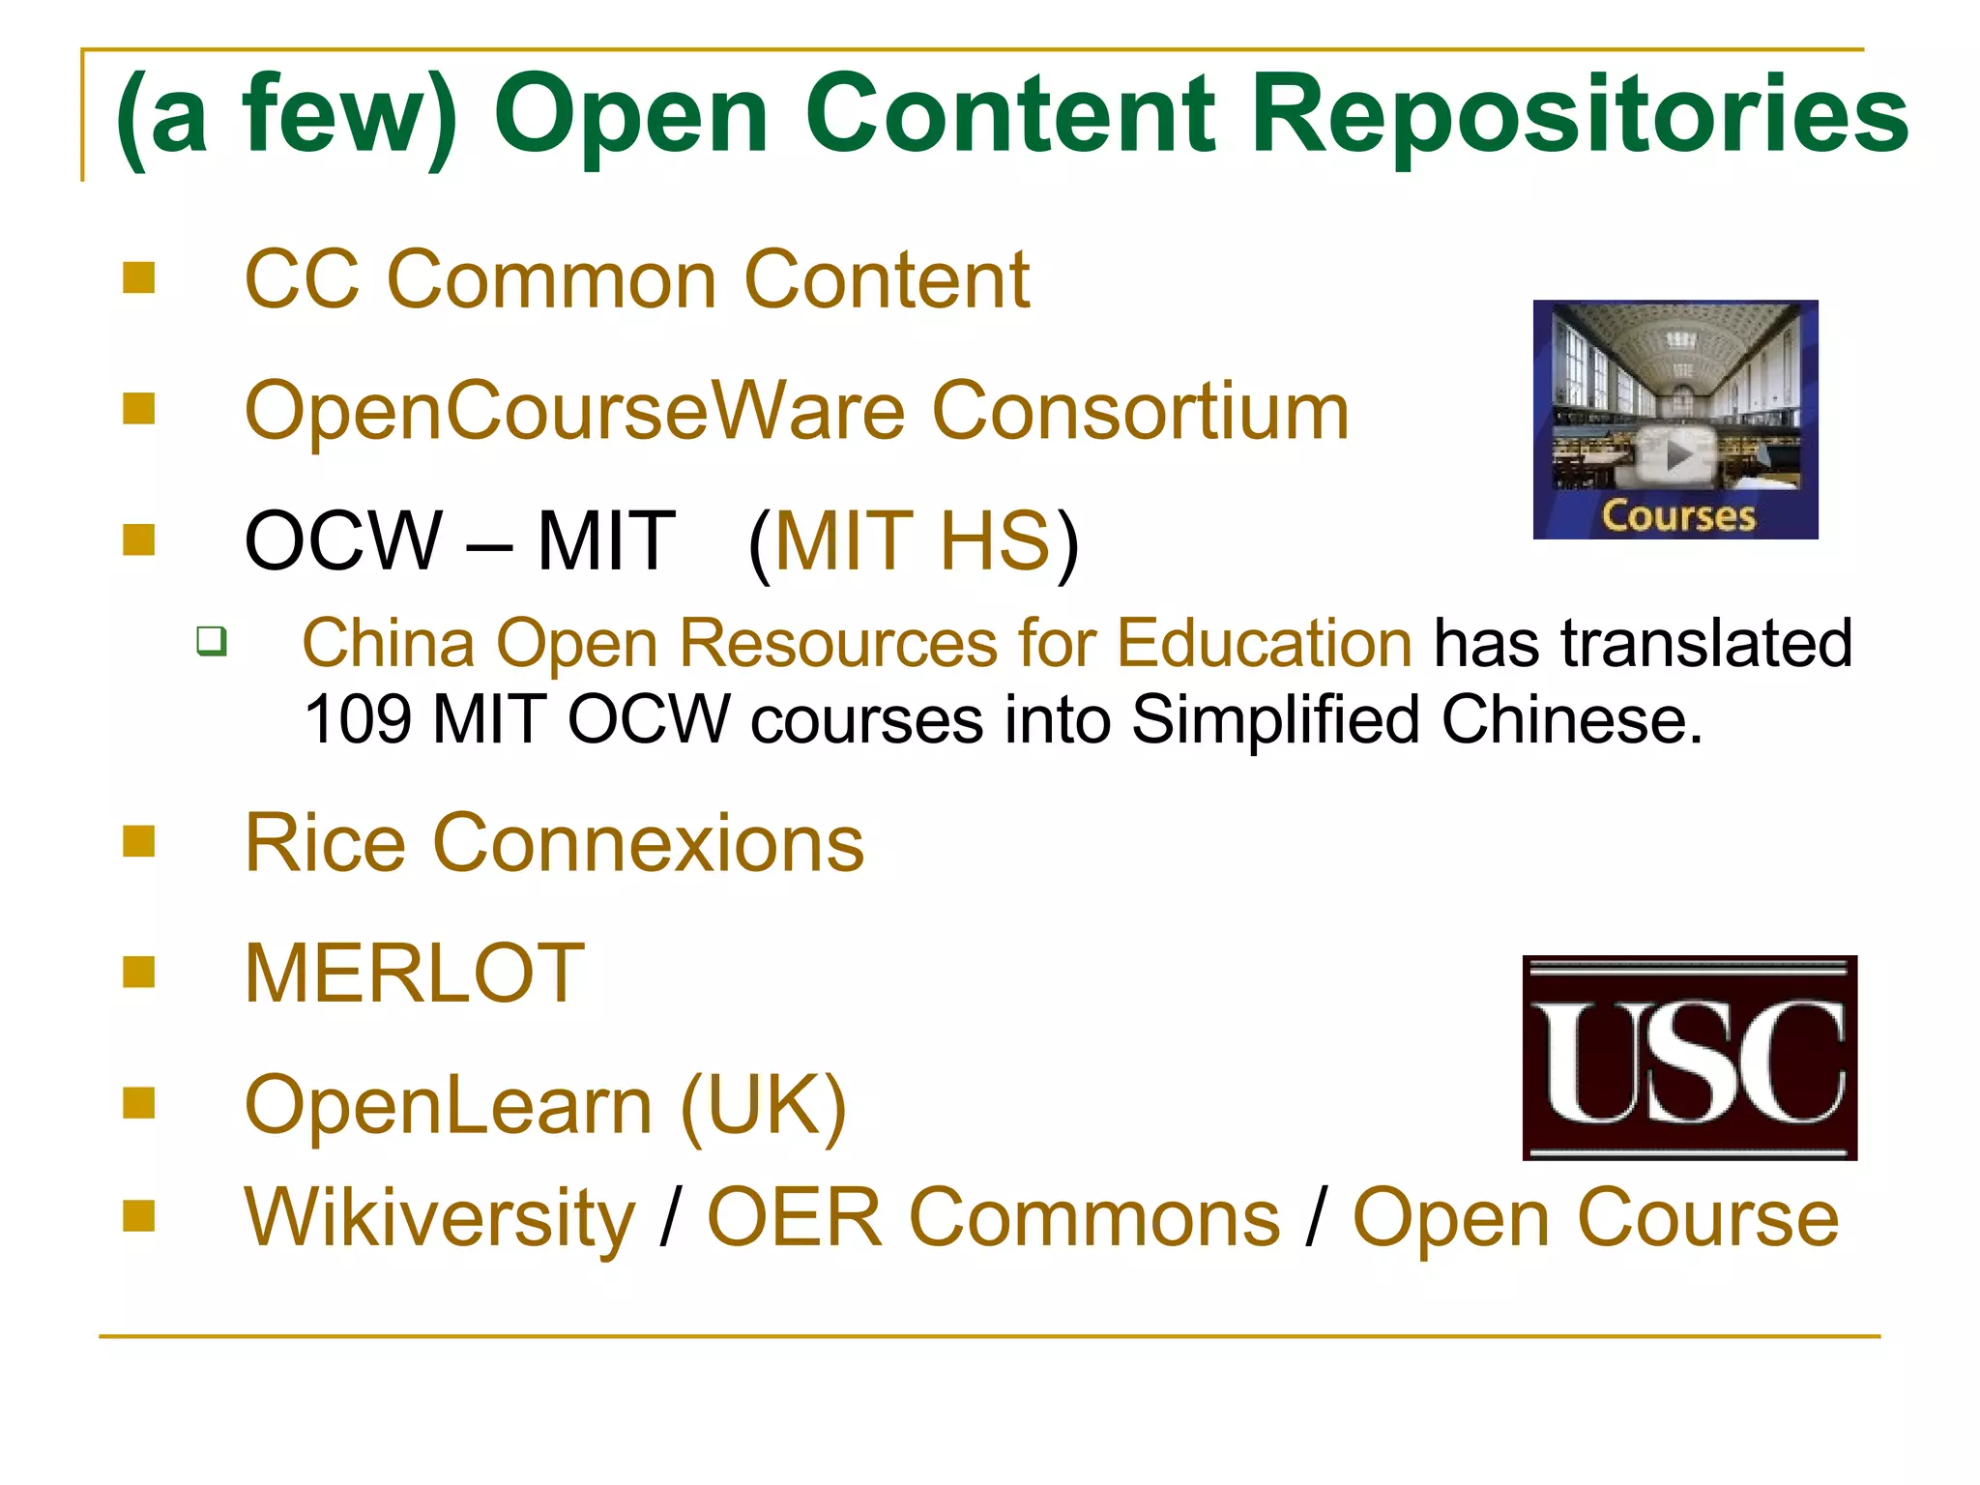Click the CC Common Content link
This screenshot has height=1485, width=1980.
click(x=636, y=280)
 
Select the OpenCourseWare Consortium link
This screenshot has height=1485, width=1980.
click(x=797, y=412)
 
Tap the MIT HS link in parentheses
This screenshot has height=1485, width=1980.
click(x=912, y=541)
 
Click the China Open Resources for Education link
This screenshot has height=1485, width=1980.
click(x=858, y=643)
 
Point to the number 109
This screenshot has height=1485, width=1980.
click(x=357, y=720)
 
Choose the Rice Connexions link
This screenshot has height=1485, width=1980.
click(x=554, y=843)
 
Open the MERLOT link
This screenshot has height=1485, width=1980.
click(x=415, y=974)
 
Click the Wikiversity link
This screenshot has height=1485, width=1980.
click(x=440, y=1218)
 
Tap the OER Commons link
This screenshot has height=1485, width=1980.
click(x=993, y=1218)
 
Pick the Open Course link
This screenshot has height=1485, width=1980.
click(x=1595, y=1218)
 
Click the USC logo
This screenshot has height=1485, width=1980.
click(x=1689, y=1058)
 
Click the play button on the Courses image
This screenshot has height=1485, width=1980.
click(x=1678, y=454)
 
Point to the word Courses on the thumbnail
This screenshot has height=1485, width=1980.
click(x=1678, y=515)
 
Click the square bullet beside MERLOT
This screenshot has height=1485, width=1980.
click(x=139, y=972)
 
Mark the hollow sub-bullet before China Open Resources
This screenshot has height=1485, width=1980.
click(x=212, y=641)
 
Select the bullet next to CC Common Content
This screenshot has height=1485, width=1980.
click(x=139, y=278)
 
